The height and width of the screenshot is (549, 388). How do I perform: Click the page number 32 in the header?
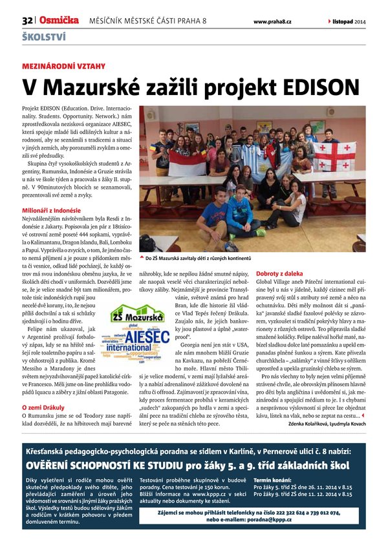click(x=27, y=21)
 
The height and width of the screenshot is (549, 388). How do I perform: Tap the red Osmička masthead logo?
click(x=58, y=20)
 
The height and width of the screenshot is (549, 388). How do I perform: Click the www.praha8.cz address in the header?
click(x=272, y=21)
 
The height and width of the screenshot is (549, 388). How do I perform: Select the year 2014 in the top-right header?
click(x=360, y=21)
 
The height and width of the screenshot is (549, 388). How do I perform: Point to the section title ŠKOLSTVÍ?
click(x=44, y=37)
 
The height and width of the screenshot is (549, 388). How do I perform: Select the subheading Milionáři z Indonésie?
click(x=52, y=210)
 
